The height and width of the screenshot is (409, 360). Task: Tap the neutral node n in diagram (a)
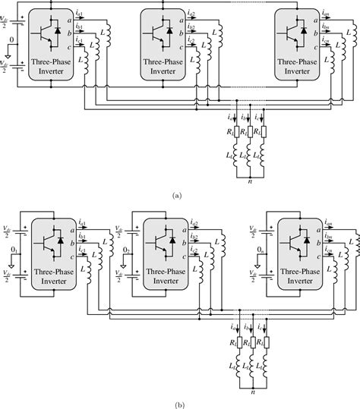tap(249, 181)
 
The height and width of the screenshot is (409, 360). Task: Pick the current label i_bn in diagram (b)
tap(327, 237)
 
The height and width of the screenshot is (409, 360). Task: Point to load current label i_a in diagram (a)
tap(230, 115)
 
